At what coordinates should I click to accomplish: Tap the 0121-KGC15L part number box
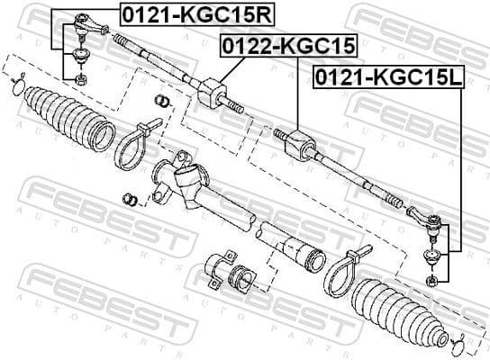(386, 79)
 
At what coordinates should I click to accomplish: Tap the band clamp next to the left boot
(130, 144)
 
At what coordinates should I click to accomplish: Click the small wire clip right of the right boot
(458, 340)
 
